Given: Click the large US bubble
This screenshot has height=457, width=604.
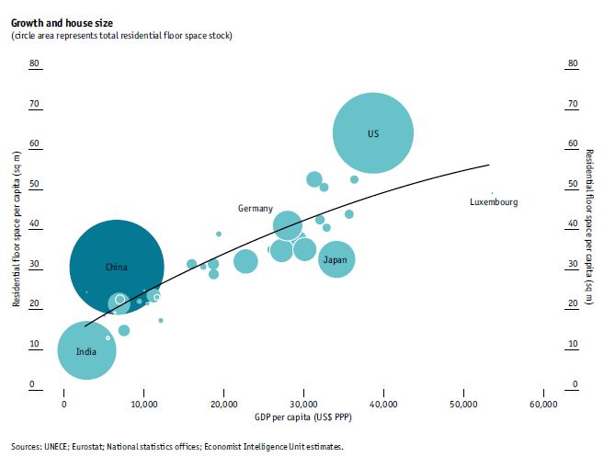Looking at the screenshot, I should click(372, 133).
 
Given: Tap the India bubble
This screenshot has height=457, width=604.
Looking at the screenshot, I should click(86, 350).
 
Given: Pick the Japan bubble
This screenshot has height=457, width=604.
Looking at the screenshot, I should click(336, 259).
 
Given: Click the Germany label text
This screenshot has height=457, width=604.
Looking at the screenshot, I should click(256, 209).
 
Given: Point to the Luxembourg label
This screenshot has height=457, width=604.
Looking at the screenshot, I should click(494, 202).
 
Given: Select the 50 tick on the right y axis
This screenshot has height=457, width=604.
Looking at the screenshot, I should click(572, 184).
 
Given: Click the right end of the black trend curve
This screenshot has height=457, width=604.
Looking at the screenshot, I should click(488, 166).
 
